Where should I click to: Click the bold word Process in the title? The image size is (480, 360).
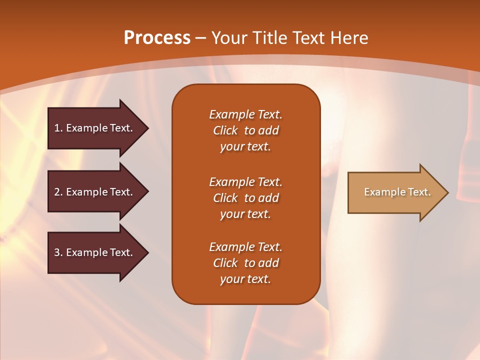[x=157, y=38]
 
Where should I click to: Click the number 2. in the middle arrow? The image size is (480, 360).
[x=58, y=192]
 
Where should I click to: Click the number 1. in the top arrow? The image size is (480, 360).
[x=58, y=128]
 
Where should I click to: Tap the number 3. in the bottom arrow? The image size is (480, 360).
[x=58, y=252]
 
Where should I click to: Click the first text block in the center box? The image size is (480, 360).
[x=245, y=130]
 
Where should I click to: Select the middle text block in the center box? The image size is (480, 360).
[x=245, y=198]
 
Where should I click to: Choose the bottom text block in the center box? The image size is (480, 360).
[x=245, y=263]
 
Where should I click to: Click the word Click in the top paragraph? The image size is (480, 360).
[x=225, y=130]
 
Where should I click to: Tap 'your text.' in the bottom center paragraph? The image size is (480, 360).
[x=245, y=279]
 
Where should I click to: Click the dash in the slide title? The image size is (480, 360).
[x=201, y=38]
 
